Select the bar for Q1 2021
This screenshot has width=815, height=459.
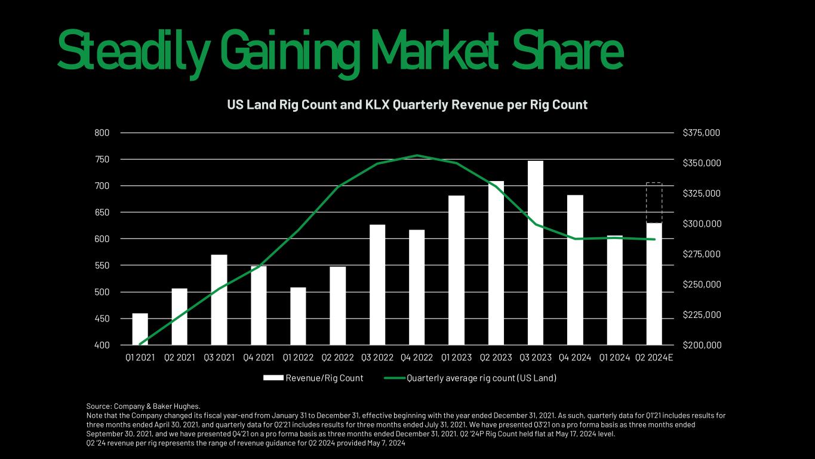tap(140, 329)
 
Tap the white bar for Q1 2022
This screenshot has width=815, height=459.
tap(298, 316)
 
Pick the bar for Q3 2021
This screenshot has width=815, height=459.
tap(219, 300)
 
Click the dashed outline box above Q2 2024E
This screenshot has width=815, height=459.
tap(654, 203)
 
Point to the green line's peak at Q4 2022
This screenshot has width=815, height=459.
tap(417, 155)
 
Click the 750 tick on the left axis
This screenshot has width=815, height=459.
tap(102, 160)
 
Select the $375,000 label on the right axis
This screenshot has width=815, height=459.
tap(702, 133)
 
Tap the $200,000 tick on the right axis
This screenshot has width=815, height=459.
tap(702, 345)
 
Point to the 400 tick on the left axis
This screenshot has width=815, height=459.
tap(102, 345)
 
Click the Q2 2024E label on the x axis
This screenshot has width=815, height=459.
tap(654, 357)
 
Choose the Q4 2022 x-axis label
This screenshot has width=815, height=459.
tap(417, 357)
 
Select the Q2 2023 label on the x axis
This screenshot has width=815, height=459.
tap(496, 357)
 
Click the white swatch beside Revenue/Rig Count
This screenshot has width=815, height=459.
tap(273, 378)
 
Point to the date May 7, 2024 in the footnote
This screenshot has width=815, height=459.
tap(386, 443)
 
